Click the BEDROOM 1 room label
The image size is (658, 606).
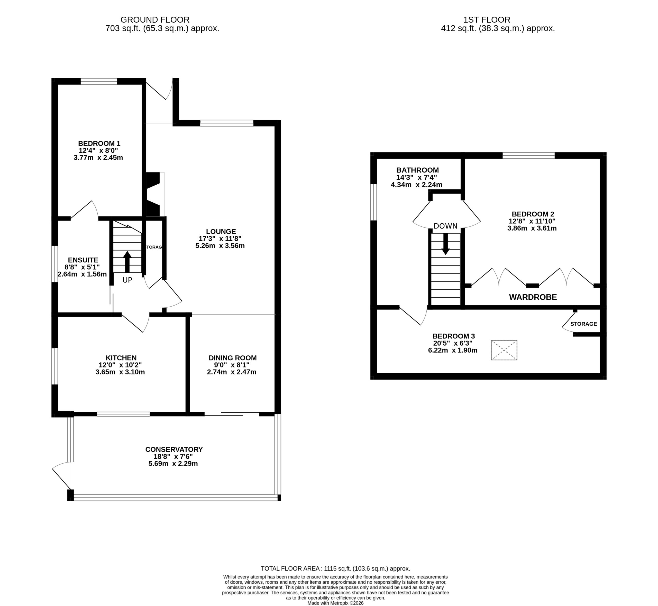tap(99, 143)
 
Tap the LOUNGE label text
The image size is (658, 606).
tap(221, 232)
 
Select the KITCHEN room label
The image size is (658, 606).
tap(121, 358)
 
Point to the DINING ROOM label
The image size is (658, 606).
tap(233, 358)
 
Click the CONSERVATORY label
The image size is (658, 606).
tap(174, 449)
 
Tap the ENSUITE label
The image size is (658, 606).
tap(83, 260)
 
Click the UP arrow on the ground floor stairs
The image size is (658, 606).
tap(127, 262)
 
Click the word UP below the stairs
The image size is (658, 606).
tap(127, 280)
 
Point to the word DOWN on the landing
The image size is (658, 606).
tap(445, 226)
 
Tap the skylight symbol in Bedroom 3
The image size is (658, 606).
tap(504, 350)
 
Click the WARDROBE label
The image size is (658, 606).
tap(533, 297)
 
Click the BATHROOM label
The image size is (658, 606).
tap(417, 170)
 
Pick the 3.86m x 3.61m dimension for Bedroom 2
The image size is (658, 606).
tap(532, 228)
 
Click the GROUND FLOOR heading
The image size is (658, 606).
tap(155, 20)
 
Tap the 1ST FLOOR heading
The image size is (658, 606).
tap(487, 20)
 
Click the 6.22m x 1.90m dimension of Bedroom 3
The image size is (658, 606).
tap(453, 350)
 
